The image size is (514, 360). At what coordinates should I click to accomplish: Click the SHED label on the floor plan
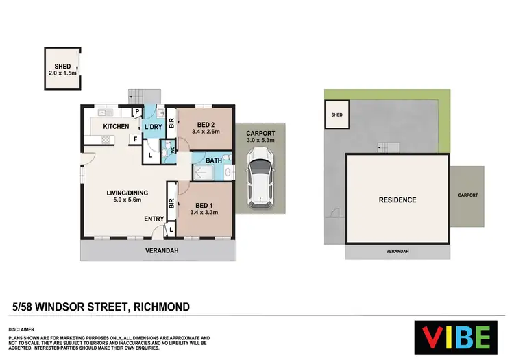pyautogui.click(x=62, y=66)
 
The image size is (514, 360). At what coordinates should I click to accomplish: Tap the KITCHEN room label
pyautogui.click(x=116, y=127)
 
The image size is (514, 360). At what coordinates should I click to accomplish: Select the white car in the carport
pyautogui.click(x=260, y=180)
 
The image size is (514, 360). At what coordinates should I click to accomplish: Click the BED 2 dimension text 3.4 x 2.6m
pyautogui.click(x=206, y=132)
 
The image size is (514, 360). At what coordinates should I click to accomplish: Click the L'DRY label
pyautogui.click(x=152, y=127)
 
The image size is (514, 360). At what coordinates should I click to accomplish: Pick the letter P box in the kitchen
pyautogui.click(x=137, y=111)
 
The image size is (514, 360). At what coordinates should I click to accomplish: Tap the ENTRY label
pyautogui.click(x=154, y=219)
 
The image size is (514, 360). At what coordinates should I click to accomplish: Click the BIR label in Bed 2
pyautogui.click(x=171, y=124)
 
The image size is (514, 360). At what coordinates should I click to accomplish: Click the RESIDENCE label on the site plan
pyautogui.click(x=397, y=200)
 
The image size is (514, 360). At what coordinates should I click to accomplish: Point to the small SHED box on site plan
pyautogui.click(x=337, y=115)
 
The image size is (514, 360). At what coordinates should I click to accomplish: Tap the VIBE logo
pyautogui.click(x=456, y=337)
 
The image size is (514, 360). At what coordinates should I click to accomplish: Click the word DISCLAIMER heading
pyautogui.click(x=23, y=330)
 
